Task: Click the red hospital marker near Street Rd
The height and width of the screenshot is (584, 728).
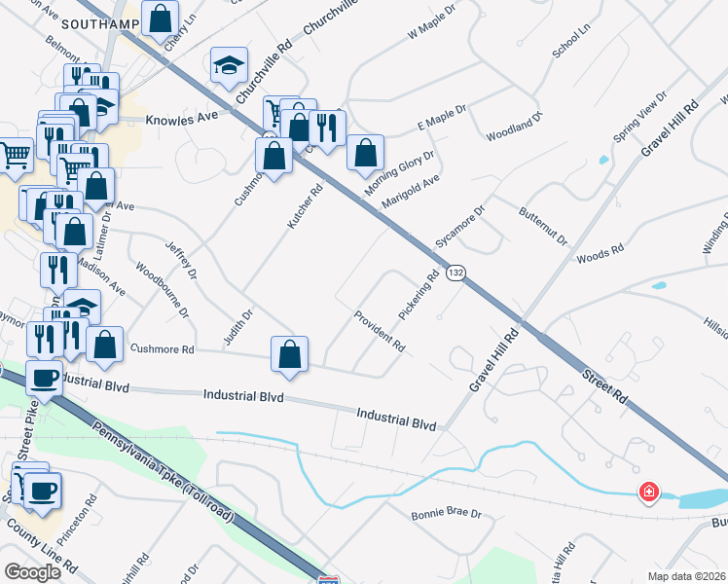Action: click(648, 493)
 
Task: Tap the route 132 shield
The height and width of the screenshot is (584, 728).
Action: click(455, 274)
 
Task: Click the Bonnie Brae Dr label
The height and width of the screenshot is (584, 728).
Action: click(446, 513)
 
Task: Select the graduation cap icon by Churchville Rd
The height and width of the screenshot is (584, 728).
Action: click(229, 65)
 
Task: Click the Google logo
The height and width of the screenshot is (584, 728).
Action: click(32, 572)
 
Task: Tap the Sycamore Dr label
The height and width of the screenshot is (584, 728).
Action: click(460, 227)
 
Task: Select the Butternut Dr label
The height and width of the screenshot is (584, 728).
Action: click(542, 225)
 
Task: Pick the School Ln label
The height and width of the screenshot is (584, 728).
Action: click(571, 43)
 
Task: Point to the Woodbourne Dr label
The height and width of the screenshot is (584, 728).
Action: click(163, 287)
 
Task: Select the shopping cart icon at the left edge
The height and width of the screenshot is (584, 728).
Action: click(15, 155)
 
